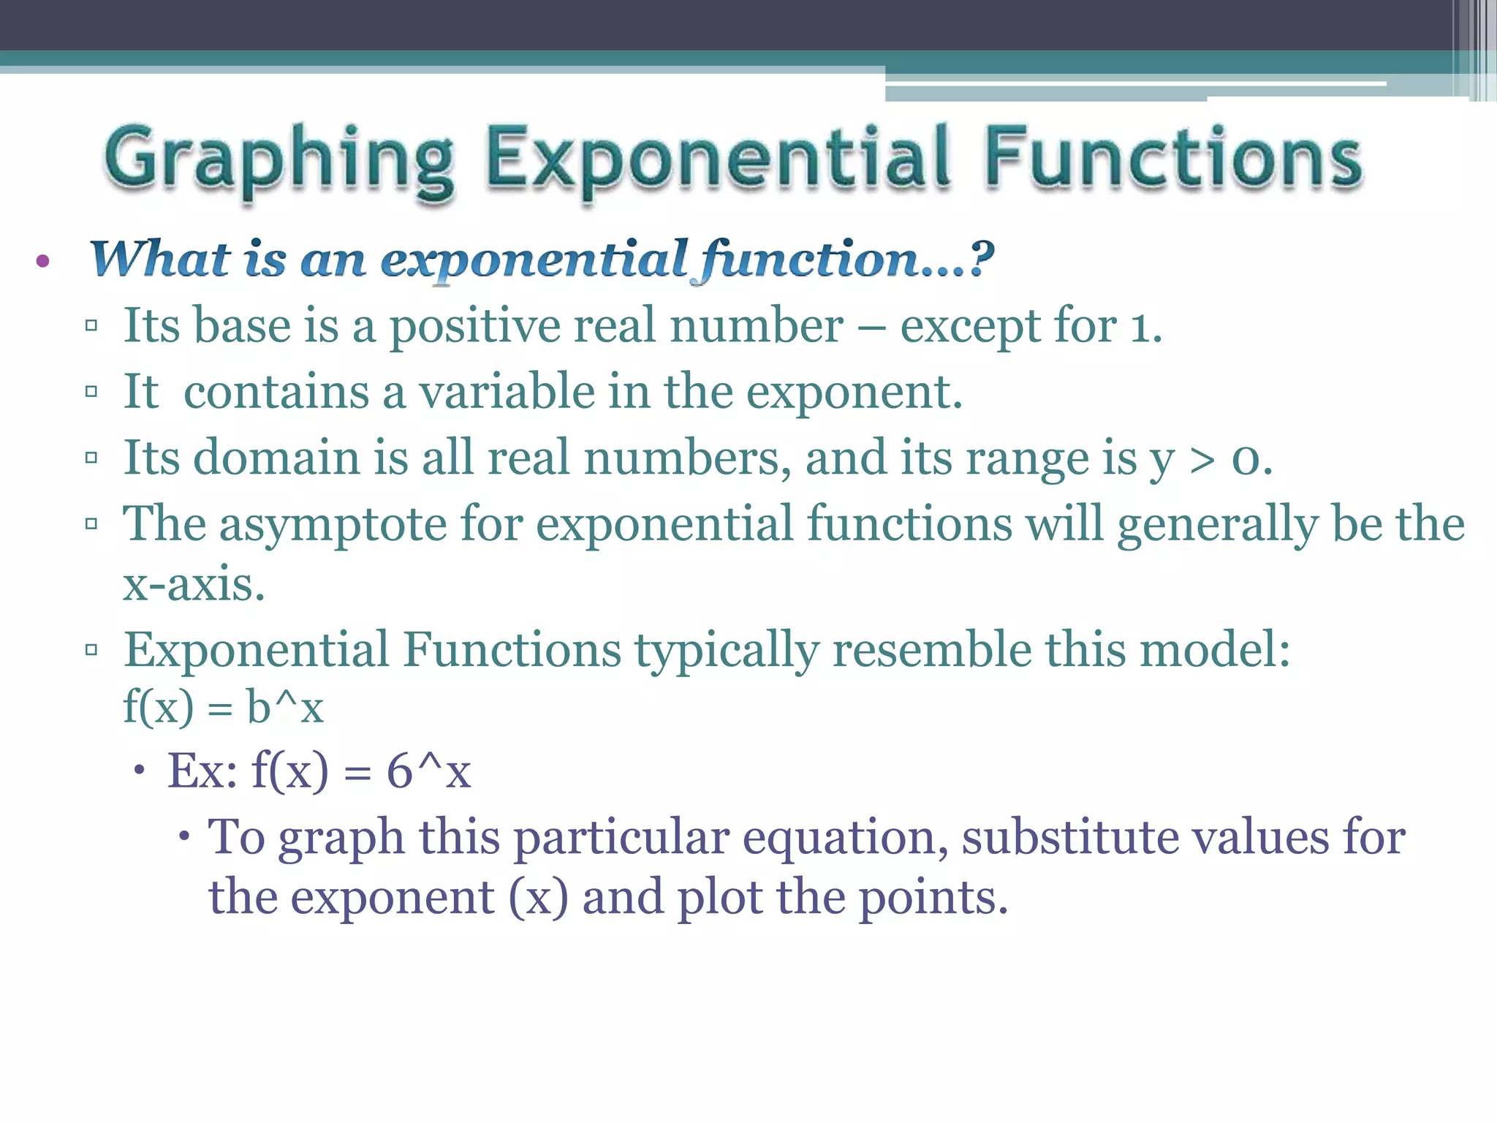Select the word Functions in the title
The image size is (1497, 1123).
1173,159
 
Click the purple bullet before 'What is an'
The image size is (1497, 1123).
42,261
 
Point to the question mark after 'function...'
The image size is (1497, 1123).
981,257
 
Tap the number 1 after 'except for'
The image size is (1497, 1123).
1141,328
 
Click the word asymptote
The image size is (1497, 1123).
333,525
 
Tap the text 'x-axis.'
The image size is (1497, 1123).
194,585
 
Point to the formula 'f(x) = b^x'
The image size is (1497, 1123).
223,707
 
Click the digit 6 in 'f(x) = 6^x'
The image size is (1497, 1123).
399,771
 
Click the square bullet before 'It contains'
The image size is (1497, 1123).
91,392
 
